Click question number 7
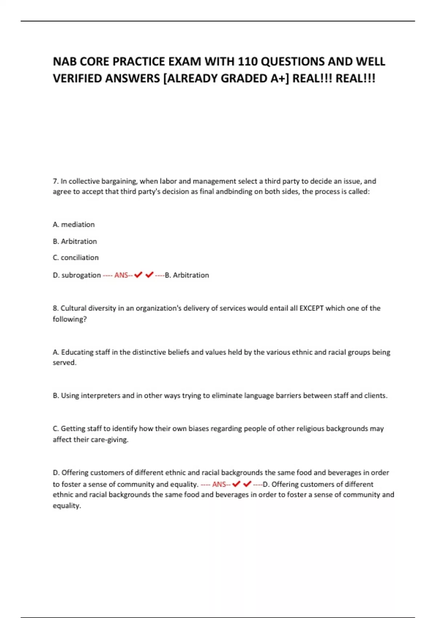(x=56, y=181)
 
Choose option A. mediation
(x=74, y=225)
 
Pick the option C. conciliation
(x=76, y=257)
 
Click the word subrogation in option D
(x=81, y=275)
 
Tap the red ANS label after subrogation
(x=121, y=275)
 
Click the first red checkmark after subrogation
(x=138, y=275)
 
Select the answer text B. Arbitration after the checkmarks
(x=187, y=275)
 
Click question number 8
(x=56, y=308)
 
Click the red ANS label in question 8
(x=219, y=484)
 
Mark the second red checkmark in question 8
(x=247, y=484)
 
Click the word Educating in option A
(x=76, y=352)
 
